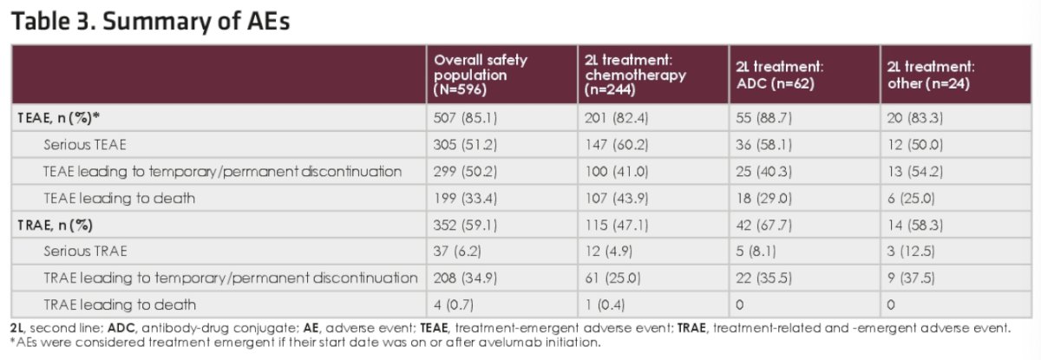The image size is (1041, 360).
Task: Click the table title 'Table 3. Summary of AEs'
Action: [x=151, y=22]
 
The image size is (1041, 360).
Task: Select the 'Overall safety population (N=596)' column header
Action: [x=480, y=75]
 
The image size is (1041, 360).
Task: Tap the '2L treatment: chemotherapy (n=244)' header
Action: [x=635, y=75]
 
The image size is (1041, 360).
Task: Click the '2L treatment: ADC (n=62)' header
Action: [x=779, y=75]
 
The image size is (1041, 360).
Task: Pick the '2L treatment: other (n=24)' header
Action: [x=931, y=75]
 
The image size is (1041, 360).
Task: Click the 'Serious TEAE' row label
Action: [x=85, y=145]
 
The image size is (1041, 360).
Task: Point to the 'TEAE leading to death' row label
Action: [x=120, y=199]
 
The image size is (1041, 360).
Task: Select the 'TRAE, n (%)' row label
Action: [x=56, y=226]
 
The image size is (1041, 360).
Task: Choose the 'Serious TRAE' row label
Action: [x=86, y=252]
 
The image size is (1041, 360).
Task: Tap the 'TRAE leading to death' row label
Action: [x=120, y=304]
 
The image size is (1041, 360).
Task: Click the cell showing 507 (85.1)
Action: [x=465, y=118]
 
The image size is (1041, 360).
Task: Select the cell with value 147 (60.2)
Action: [x=616, y=145]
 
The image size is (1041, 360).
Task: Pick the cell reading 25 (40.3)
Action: [x=764, y=172]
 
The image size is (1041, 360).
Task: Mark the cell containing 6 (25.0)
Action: [x=911, y=199]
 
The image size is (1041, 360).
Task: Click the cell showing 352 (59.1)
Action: [x=465, y=226]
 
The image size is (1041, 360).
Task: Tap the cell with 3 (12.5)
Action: [x=911, y=252]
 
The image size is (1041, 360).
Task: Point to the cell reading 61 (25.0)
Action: [x=612, y=278]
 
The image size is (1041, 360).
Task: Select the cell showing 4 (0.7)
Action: [x=454, y=305]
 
